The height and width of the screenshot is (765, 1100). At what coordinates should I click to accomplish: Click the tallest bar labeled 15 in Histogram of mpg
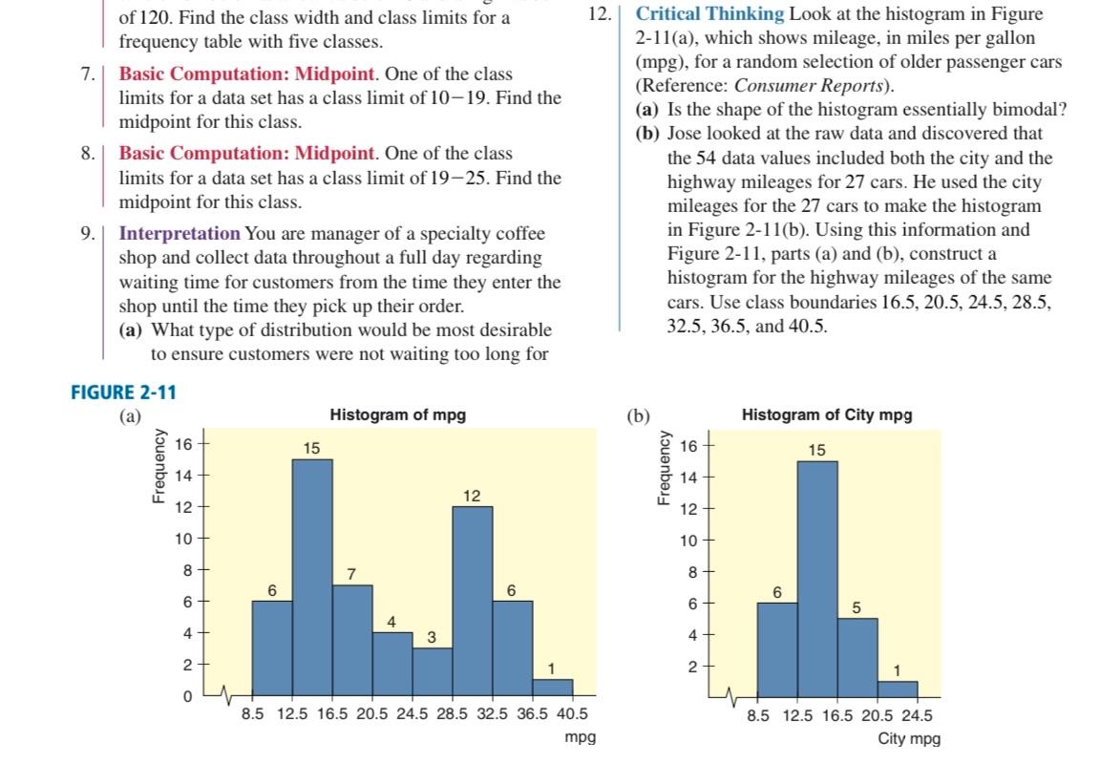coord(312,573)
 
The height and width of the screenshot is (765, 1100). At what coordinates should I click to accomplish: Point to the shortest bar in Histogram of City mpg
coord(897,688)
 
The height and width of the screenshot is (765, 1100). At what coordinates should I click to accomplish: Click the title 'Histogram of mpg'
coord(397,414)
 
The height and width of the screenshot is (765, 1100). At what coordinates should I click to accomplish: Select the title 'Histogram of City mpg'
coord(826,414)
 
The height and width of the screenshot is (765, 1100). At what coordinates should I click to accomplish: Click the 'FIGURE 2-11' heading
coord(124,392)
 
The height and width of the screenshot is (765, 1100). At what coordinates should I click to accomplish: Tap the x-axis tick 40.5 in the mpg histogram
coord(572,714)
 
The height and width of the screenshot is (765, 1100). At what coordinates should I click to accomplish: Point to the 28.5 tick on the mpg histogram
coord(452,714)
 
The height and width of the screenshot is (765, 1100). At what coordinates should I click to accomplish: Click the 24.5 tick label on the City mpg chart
coord(916,714)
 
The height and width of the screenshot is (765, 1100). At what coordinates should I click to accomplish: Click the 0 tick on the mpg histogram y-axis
coord(187,696)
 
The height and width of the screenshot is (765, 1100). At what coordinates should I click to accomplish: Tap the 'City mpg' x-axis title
coord(909,738)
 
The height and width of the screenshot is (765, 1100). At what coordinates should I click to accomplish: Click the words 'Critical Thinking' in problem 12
coord(709,14)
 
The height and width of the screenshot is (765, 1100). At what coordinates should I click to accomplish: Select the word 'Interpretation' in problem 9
coord(180,233)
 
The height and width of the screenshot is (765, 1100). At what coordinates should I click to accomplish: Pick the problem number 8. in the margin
coord(87,154)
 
